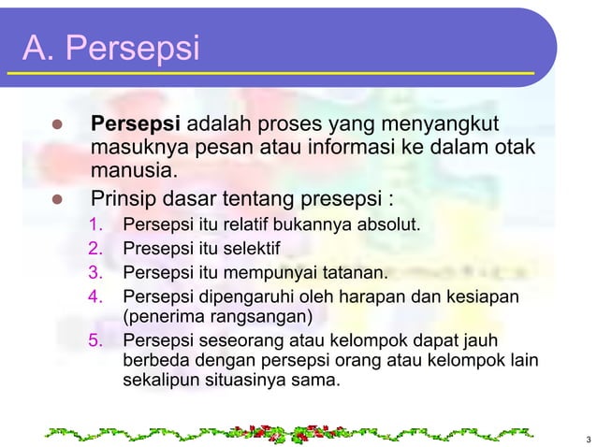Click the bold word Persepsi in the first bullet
click(x=137, y=124)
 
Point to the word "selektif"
click(x=252, y=249)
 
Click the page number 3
click(x=586, y=440)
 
